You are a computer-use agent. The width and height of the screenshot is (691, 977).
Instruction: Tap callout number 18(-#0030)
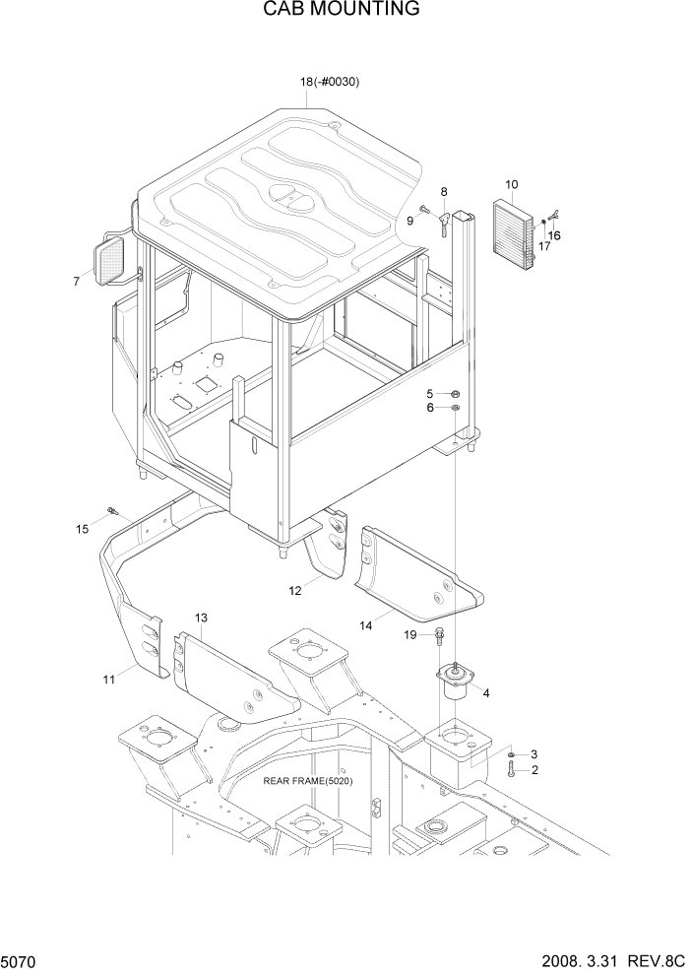[329, 82]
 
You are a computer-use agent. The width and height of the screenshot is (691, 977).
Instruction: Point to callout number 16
[554, 235]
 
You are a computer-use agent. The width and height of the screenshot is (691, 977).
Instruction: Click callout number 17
[543, 246]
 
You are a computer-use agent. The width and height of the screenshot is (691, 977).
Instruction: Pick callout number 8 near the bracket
[444, 192]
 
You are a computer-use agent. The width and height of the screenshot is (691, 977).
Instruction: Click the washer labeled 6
[455, 407]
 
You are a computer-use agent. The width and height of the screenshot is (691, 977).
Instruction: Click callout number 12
[294, 591]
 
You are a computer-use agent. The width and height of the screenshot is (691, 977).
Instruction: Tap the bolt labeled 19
[438, 637]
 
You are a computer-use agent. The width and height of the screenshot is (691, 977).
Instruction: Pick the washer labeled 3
[513, 755]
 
